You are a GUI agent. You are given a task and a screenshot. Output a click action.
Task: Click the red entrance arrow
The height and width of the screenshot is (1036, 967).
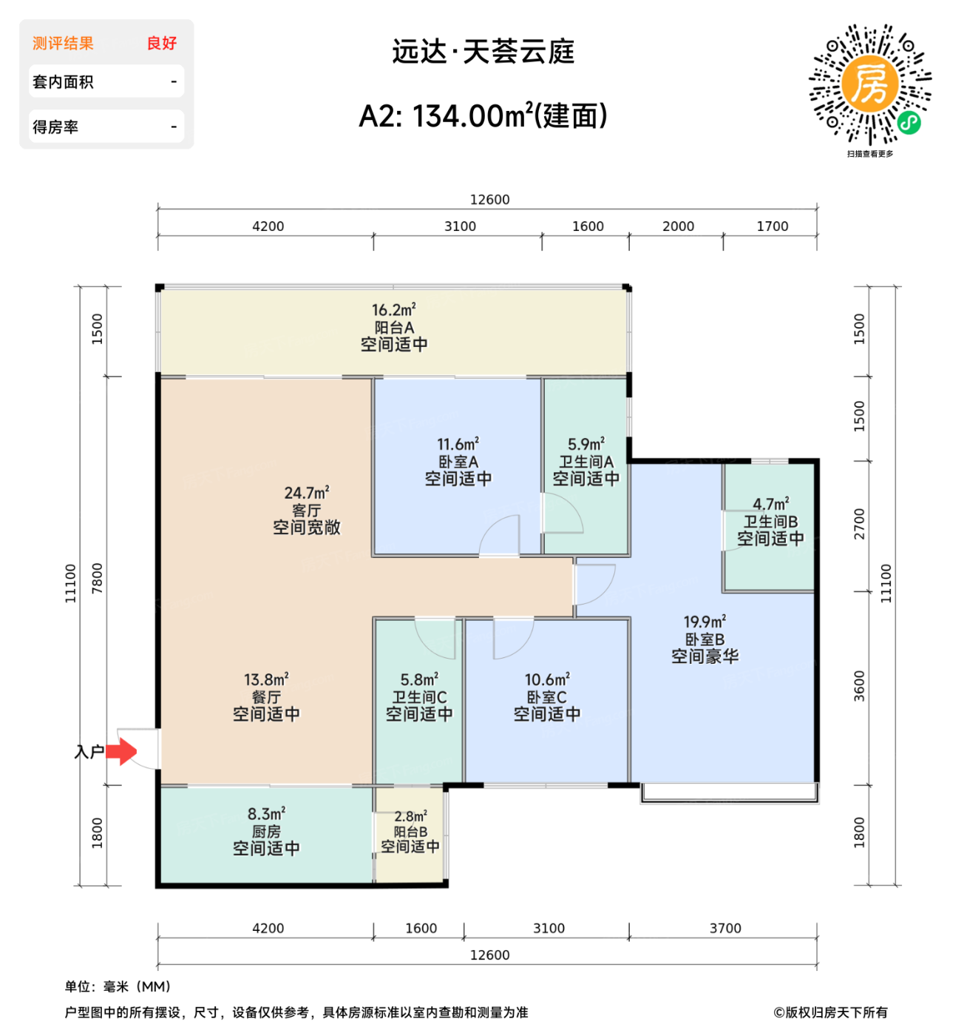[x=121, y=752]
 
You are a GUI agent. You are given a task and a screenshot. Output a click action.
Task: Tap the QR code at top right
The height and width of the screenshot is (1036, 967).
[x=870, y=84]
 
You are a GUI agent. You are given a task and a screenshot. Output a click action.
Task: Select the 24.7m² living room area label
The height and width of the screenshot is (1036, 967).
[x=306, y=493]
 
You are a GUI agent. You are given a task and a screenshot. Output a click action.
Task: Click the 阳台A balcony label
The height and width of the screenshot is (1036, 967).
[x=394, y=327]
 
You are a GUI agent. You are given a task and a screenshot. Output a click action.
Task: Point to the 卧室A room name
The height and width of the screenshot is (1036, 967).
[x=458, y=462]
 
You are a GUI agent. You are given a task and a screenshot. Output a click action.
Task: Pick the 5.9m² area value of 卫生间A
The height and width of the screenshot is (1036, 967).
[x=586, y=445]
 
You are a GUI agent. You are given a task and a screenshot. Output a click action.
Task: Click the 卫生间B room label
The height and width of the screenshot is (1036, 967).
[x=770, y=522]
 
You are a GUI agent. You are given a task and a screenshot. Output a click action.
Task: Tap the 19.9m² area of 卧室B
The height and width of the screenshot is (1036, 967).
[x=705, y=622]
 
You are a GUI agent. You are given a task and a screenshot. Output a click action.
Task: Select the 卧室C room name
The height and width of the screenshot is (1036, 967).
[x=547, y=697]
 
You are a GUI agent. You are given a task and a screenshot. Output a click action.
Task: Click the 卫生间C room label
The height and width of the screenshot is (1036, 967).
[x=419, y=697]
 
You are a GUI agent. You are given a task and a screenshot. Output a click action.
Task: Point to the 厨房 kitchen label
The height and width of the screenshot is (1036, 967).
[x=266, y=832]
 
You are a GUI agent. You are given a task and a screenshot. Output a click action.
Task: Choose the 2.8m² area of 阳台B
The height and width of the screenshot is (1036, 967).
[x=410, y=816]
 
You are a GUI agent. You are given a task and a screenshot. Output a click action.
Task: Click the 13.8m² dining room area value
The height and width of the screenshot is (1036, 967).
[x=266, y=679]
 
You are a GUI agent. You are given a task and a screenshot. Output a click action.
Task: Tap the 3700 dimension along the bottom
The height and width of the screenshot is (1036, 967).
[x=725, y=929]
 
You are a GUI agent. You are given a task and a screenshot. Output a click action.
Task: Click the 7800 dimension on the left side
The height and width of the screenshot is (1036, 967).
[x=97, y=578]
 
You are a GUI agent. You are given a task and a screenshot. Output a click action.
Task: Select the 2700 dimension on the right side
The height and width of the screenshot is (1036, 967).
[x=859, y=524]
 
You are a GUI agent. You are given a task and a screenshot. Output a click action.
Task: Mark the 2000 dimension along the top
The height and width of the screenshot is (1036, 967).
[x=678, y=226]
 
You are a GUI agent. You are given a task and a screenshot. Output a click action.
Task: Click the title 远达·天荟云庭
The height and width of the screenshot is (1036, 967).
[x=483, y=52]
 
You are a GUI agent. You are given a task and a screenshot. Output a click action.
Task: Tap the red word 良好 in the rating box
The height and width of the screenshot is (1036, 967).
[x=162, y=44]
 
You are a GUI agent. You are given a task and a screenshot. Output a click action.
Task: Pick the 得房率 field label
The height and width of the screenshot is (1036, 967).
[x=55, y=127]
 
